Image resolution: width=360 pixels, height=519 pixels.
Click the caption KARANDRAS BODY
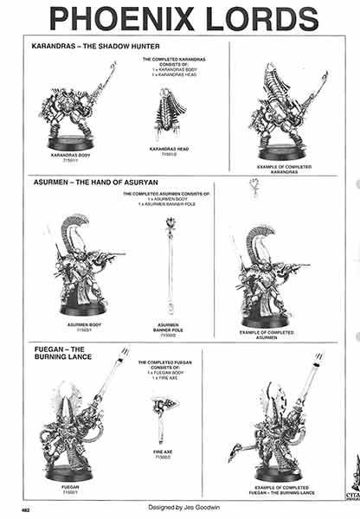[x=70, y=157]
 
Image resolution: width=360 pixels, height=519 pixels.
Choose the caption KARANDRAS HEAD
[x=170, y=150]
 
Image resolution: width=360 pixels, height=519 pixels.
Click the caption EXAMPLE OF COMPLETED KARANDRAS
[x=281, y=168]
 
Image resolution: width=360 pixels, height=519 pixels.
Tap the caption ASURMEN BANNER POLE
[x=170, y=328]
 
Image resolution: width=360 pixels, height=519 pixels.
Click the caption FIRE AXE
[x=163, y=452]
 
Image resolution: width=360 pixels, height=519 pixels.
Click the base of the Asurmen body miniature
[x=82, y=308]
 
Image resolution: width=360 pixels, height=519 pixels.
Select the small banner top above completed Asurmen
[x=255, y=186]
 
